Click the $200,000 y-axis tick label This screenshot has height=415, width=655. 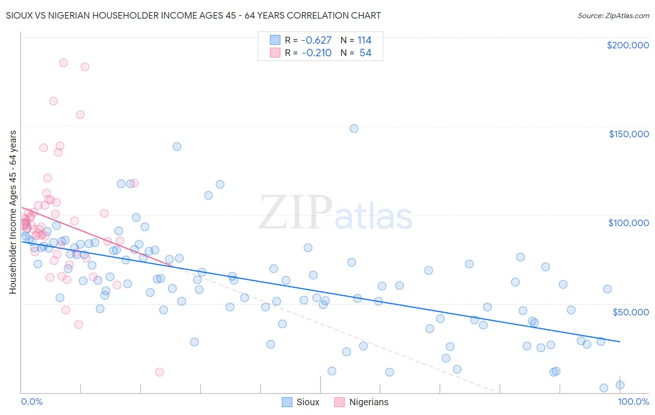[628, 45]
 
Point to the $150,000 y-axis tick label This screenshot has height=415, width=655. [628, 134]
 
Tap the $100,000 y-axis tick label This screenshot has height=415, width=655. [628, 223]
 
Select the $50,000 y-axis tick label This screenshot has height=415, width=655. [630, 312]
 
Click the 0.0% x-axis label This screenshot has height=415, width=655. [32, 402]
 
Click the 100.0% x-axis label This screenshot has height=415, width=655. [633, 402]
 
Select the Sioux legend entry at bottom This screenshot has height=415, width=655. [301, 402]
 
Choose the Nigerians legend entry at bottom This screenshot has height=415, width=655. [361, 402]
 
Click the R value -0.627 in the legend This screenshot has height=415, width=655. [316, 40]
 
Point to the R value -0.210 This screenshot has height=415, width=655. [316, 53]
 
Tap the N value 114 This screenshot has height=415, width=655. [364, 40]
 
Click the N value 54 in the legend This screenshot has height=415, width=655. [365, 53]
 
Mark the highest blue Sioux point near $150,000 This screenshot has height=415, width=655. [354, 128]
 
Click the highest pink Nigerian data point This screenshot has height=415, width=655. [63, 63]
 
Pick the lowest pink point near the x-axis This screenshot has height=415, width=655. [159, 372]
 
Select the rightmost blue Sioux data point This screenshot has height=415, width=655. [620, 385]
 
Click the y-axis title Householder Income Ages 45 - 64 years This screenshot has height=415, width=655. [13, 212]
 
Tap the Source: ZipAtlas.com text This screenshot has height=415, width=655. [613, 16]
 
